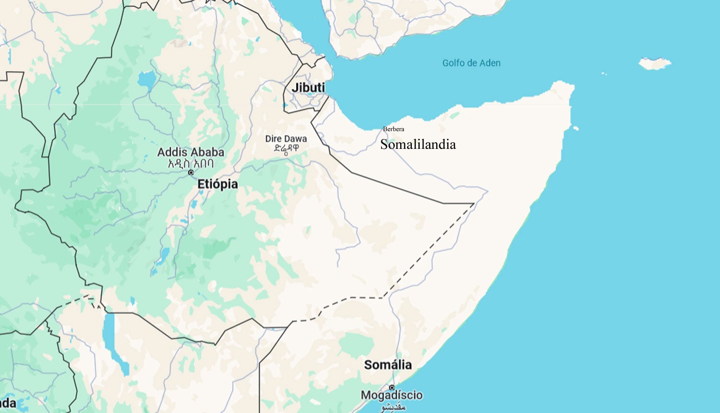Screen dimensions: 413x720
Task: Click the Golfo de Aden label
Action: point(471,63)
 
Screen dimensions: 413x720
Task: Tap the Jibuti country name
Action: point(308,87)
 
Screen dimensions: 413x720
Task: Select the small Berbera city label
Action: point(394,129)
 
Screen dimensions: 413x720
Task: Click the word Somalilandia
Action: point(418,144)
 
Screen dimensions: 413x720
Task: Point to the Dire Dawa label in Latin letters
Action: point(286,139)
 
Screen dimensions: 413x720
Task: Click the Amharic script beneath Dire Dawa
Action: point(286,148)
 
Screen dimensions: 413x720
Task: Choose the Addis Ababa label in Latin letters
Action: point(191,152)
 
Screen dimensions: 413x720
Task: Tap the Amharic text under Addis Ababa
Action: point(191,163)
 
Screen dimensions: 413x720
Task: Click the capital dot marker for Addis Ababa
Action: point(191,172)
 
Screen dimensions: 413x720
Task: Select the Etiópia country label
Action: point(217,184)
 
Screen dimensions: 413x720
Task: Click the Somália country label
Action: point(387,364)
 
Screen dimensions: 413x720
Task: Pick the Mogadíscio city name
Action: point(392,395)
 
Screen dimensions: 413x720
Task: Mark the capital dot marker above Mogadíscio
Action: point(392,387)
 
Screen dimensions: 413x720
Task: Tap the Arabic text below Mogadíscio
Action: point(393,407)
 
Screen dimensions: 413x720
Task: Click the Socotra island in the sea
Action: point(655,63)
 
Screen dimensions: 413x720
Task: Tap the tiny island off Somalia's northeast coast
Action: point(576,128)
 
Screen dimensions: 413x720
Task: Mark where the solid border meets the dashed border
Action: point(474,204)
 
